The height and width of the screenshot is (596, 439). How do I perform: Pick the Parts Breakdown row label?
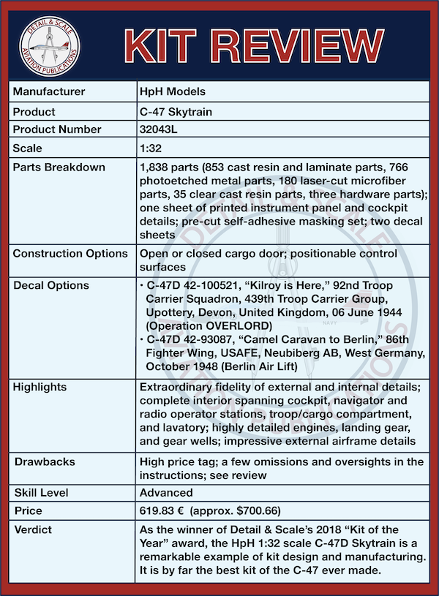pos(59,167)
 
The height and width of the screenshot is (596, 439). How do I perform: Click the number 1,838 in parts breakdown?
pos(154,167)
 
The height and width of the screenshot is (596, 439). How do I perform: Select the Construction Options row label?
pos(70,253)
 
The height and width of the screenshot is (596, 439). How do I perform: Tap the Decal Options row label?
pos(51,285)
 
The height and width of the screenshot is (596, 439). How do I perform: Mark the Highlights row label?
pos(40,386)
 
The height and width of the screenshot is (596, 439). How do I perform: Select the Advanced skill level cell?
pos(166,492)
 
